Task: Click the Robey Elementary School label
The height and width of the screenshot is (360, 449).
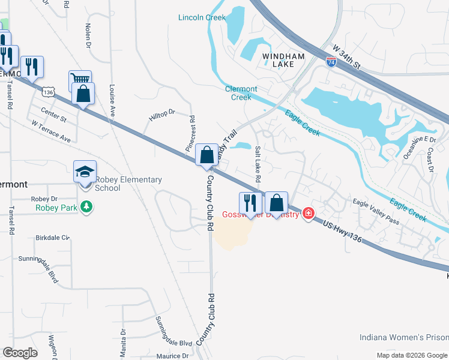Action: [128, 184]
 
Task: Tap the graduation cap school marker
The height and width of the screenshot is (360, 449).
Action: [84, 172]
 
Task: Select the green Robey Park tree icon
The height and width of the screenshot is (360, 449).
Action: [88, 207]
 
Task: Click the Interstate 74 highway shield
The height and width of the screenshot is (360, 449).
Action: [331, 61]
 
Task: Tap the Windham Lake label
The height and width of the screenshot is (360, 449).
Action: [283, 60]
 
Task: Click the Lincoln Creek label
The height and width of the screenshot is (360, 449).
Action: [202, 17]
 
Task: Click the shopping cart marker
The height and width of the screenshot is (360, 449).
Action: [80, 79]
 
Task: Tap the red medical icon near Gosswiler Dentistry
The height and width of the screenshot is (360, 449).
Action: [309, 214]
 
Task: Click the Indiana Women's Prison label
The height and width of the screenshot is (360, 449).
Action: [403, 337]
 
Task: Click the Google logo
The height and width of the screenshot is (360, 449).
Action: [20, 352]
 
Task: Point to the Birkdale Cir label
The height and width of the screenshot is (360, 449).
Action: [53, 238]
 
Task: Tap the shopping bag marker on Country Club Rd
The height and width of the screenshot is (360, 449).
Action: [206, 155]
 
